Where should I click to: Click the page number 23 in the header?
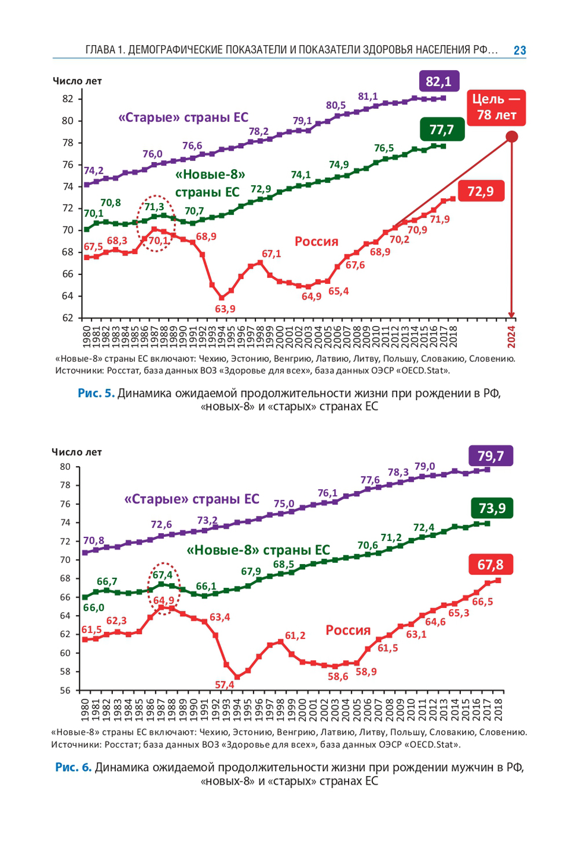pos(519,50)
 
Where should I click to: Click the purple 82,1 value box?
pos(438,82)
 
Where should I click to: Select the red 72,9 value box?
pos(481,191)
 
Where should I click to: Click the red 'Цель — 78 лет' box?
pos(496,107)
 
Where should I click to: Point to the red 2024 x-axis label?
pos(511,336)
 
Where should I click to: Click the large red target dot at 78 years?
pos(511,137)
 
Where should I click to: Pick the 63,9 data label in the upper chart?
pos(225,309)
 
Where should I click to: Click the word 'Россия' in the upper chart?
pos(316,241)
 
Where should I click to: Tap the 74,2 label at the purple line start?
pos(93,171)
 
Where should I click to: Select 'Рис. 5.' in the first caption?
pos(96,393)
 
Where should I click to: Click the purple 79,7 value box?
pos(490,456)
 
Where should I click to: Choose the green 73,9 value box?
pos(492,508)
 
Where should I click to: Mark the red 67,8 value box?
pos(490,565)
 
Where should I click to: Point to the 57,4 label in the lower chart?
pos(225,684)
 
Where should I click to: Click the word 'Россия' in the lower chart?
pos(347,630)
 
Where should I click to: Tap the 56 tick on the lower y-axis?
pos(65,690)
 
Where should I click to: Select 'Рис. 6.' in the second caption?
pos(74,767)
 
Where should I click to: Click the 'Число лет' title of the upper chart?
pos(77,81)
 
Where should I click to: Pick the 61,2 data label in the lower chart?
pos(295,635)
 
